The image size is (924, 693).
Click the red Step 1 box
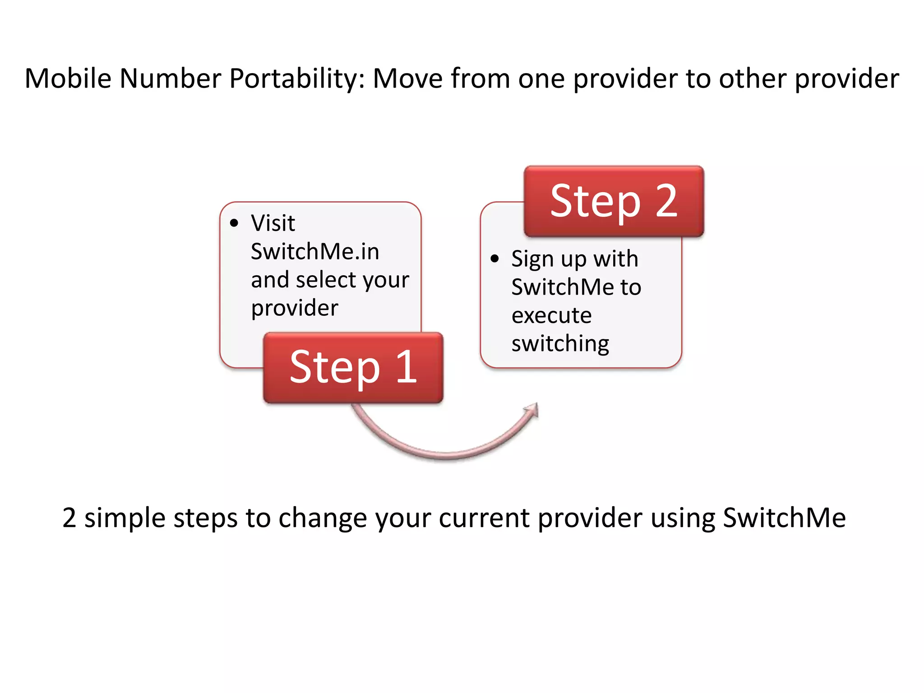click(353, 367)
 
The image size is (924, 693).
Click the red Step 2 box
click(614, 201)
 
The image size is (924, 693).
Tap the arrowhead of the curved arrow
click(532, 411)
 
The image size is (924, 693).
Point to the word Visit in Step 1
click(273, 223)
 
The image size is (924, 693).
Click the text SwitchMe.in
click(314, 252)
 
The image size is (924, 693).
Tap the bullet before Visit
click(234, 223)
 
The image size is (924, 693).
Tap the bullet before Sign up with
click(494, 259)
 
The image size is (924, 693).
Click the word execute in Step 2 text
click(551, 315)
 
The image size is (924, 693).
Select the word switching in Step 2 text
click(560, 344)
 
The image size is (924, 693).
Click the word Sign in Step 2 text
click(532, 260)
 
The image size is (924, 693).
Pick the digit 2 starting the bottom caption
click(69, 518)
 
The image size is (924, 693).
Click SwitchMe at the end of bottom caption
click(784, 518)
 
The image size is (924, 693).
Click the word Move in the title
click(407, 79)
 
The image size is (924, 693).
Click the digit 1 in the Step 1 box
click(406, 367)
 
